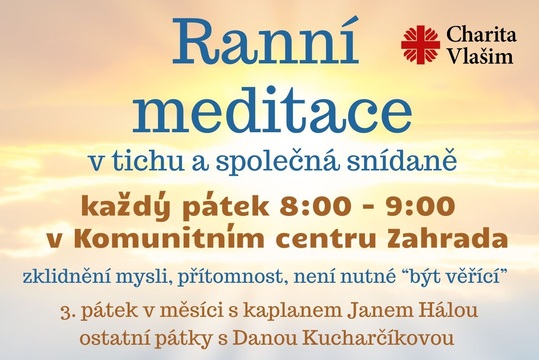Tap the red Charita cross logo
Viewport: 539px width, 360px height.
(420, 45)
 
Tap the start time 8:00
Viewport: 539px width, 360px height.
(319, 207)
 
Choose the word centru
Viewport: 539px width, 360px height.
(330, 239)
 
